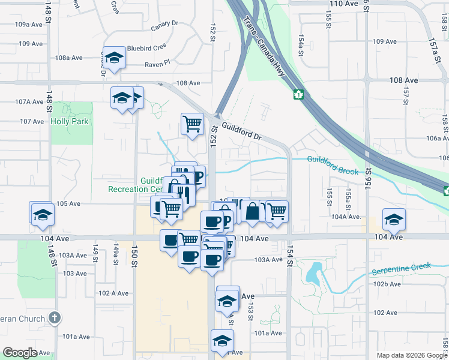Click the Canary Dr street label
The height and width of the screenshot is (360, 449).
(165, 23)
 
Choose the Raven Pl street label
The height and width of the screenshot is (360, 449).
(157, 62)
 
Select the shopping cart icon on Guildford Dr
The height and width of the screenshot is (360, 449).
(192, 124)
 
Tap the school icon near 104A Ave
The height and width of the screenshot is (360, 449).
(394, 219)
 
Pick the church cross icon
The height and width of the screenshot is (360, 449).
(54, 317)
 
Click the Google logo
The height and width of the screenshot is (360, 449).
(20, 353)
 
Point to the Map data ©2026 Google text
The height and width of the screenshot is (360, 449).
(411, 355)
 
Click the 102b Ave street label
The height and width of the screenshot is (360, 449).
(387, 284)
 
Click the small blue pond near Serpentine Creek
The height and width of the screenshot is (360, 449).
(313, 274)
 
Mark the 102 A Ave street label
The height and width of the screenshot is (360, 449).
(113, 293)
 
